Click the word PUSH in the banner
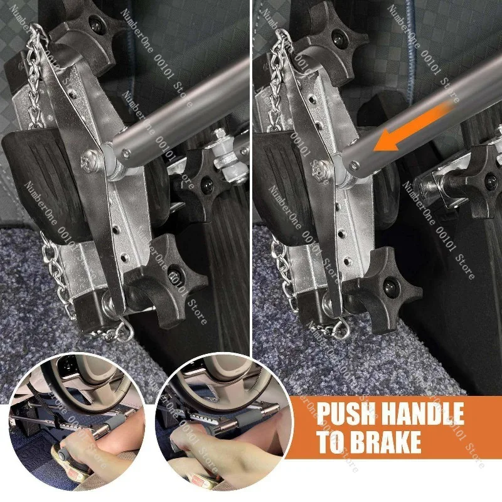tap(344, 415)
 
